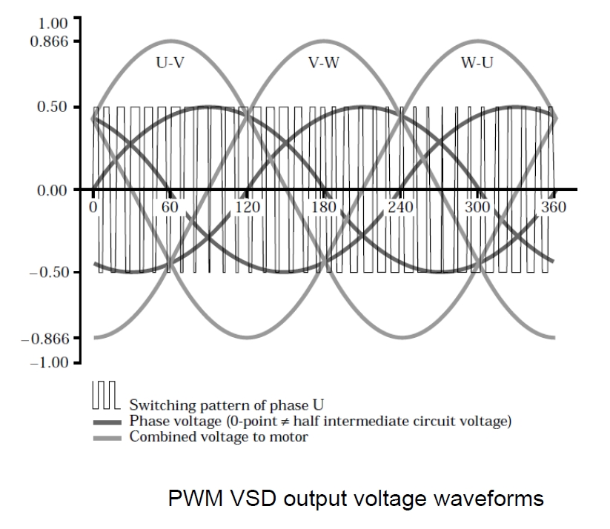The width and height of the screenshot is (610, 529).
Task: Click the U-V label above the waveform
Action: [170, 62]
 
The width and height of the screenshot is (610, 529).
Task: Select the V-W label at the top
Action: [323, 62]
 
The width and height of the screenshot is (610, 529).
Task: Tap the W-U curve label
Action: [477, 62]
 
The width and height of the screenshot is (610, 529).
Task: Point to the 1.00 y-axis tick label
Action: [49, 22]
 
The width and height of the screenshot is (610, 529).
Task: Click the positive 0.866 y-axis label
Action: [49, 40]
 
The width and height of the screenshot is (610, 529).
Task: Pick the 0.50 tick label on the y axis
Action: [54, 107]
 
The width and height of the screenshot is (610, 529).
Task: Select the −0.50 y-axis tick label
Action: [49, 272]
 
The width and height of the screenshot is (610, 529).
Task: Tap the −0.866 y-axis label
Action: [44, 339]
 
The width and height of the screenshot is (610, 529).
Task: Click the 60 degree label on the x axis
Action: [170, 207]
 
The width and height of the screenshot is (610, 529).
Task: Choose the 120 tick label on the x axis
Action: [247, 207]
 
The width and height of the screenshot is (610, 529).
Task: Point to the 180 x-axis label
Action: [324, 207]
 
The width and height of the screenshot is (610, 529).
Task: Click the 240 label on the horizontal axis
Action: [400, 207]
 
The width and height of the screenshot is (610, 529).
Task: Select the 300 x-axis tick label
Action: [477, 207]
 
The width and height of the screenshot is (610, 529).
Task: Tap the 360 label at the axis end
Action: [553, 207]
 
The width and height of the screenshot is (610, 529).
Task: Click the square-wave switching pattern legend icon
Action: [105, 396]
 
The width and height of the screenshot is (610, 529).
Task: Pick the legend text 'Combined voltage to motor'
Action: [219, 436]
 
